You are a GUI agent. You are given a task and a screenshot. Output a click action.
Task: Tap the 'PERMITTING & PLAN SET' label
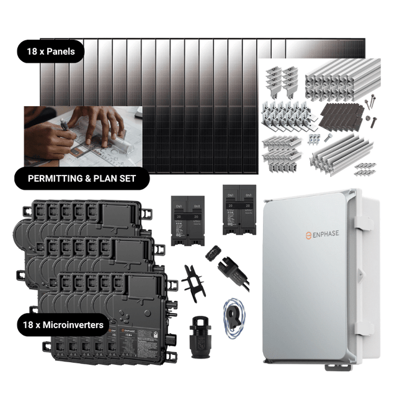tap(83, 181)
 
